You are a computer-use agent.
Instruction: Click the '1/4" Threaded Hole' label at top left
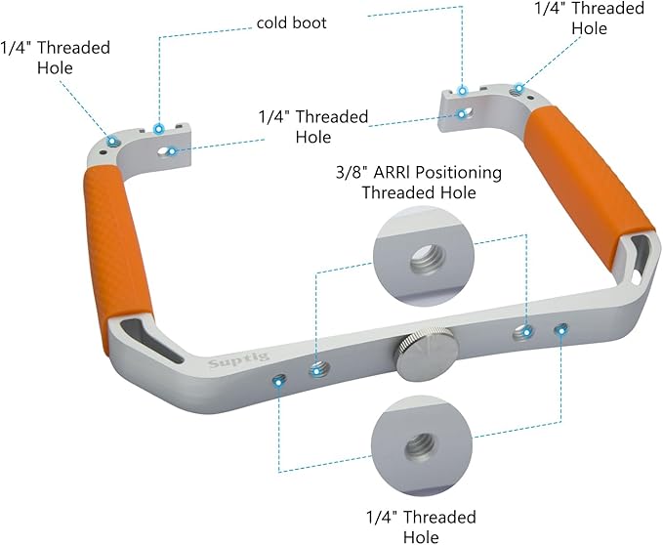click(55, 58)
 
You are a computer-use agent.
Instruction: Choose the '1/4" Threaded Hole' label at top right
click(590, 19)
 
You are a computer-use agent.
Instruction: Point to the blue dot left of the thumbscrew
click(315, 369)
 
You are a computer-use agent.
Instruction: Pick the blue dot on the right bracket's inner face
click(463, 113)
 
